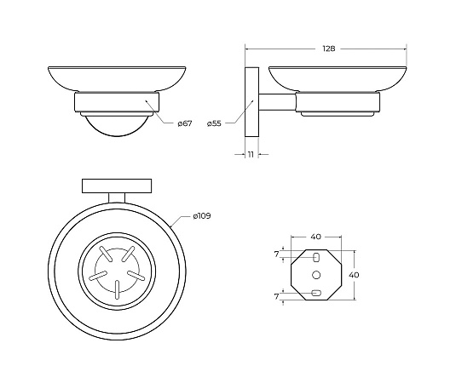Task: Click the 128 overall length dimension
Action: (x=329, y=49)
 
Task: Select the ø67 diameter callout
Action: (x=185, y=123)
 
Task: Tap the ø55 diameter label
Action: (x=214, y=123)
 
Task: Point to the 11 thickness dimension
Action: (x=251, y=154)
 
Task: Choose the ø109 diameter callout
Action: (x=202, y=216)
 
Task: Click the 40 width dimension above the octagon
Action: (x=316, y=237)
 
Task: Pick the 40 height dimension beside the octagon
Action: (x=354, y=275)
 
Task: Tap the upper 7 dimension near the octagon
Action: (x=276, y=254)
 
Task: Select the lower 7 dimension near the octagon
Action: (x=276, y=296)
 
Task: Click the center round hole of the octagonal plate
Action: (x=316, y=275)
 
